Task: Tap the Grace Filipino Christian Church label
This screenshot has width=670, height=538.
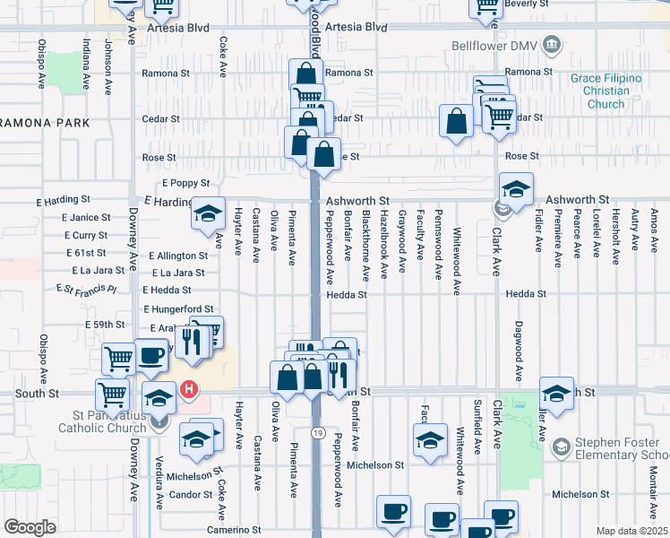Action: coord(606,91)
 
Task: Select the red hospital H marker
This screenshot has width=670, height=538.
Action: coord(189,389)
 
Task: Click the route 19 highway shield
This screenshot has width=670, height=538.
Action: coord(317,432)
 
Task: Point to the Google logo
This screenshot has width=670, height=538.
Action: coord(30,527)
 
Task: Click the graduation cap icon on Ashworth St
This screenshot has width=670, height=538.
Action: coord(516,190)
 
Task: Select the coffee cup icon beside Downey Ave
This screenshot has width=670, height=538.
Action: coord(150,355)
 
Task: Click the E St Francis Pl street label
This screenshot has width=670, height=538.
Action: coord(86,289)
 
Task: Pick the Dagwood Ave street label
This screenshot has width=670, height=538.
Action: coord(519,351)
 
